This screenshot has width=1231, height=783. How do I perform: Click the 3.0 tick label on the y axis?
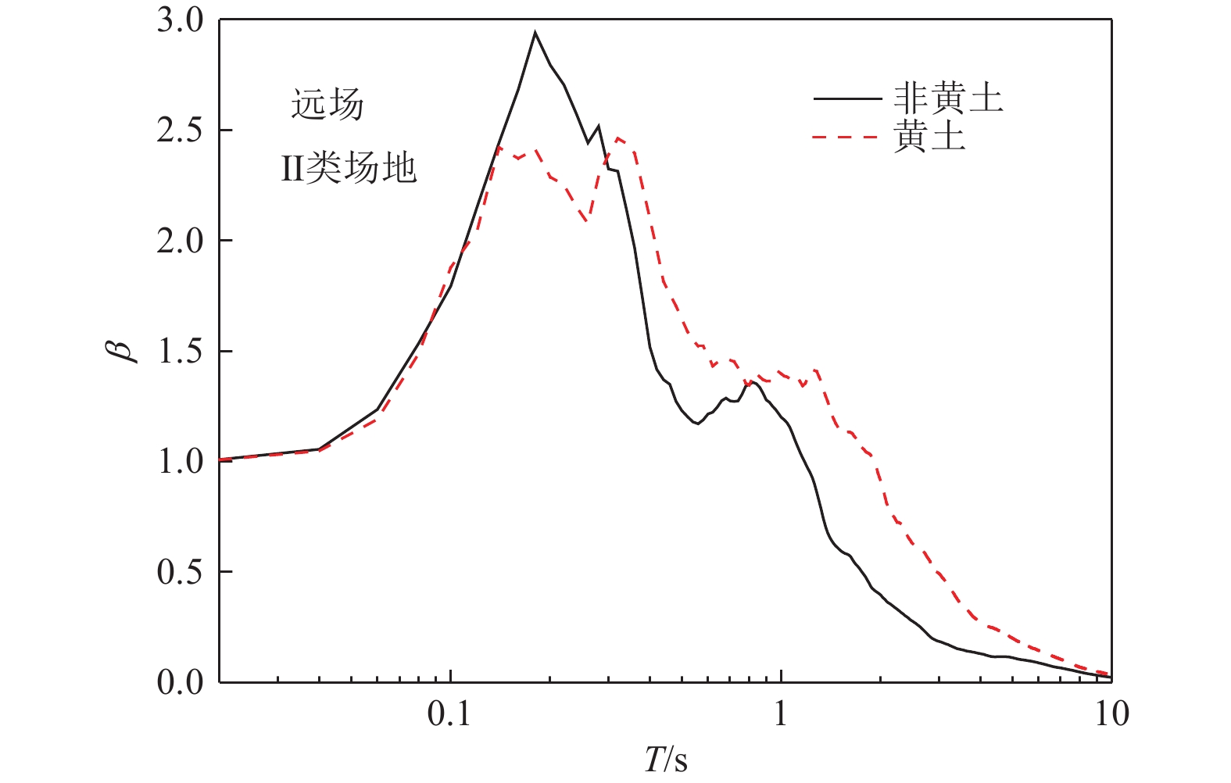(x=180, y=21)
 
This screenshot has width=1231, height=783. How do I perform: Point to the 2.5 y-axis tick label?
(x=180, y=130)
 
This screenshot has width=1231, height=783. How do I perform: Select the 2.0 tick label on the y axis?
(x=180, y=241)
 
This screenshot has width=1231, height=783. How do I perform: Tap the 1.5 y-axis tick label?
(x=180, y=352)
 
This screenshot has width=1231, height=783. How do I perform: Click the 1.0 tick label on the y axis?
(x=180, y=462)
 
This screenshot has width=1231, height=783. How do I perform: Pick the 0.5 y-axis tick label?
(x=180, y=572)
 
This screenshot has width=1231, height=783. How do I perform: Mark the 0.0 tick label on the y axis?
(x=180, y=682)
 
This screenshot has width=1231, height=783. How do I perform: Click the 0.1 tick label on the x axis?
(x=450, y=714)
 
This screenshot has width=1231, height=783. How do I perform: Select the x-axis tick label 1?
(x=781, y=714)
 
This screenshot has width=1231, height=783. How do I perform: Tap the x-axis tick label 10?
(x=1111, y=714)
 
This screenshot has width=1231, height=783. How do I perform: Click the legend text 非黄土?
(x=948, y=99)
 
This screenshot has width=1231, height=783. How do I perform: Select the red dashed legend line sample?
(x=846, y=137)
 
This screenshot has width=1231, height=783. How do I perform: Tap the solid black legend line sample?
(x=846, y=99)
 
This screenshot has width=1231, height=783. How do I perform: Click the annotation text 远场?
(x=327, y=105)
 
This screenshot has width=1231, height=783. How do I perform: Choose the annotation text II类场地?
(x=349, y=167)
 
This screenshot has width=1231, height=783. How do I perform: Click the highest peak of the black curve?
(x=535, y=33)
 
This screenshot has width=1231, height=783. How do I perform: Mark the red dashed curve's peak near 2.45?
(x=618, y=138)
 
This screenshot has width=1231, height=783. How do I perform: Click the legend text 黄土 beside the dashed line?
(x=930, y=137)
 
